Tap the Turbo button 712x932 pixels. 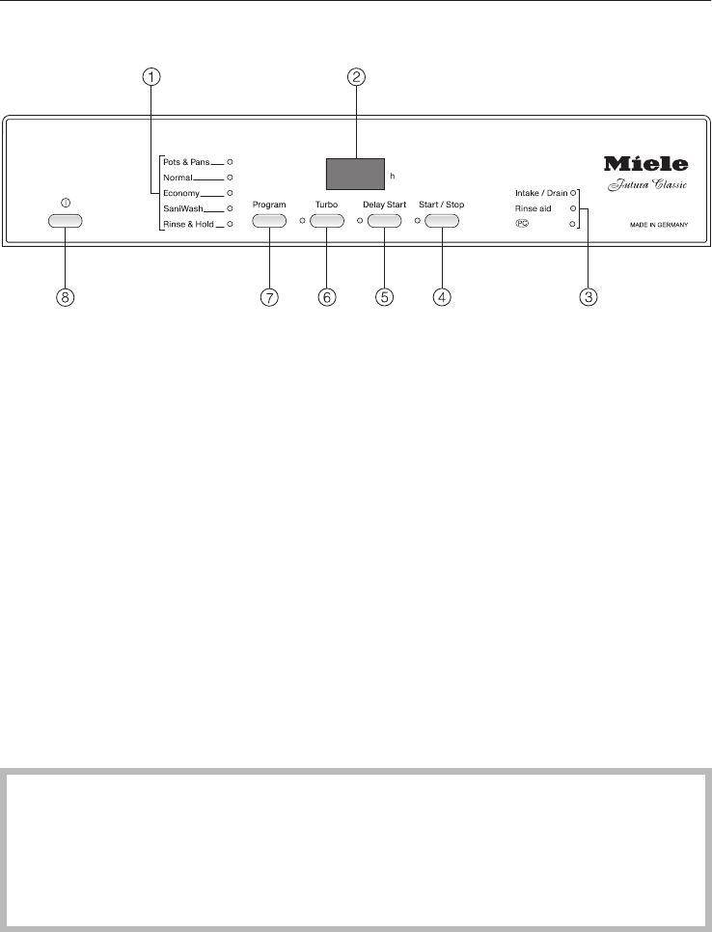tap(327, 221)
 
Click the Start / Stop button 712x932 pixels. tap(441, 221)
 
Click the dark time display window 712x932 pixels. tap(354, 175)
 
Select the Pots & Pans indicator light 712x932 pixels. tap(231, 162)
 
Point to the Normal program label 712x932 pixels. tap(178, 178)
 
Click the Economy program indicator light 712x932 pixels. tap(231, 193)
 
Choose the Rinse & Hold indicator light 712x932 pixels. tap(231, 224)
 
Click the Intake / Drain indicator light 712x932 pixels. tap(572, 193)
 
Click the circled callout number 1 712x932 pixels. tap(151, 79)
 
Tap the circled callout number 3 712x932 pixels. tap(587, 298)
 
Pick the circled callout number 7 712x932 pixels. tap(269, 298)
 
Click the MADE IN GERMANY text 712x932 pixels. tap(651, 225)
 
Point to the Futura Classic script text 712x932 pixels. tap(647, 185)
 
